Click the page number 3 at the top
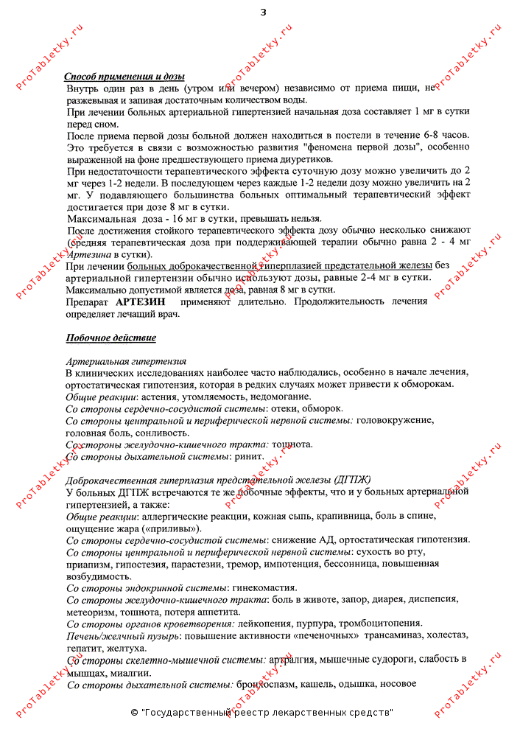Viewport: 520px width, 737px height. (264, 12)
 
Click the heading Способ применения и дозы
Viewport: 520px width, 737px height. (124, 77)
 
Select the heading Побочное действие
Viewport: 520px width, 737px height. (110, 338)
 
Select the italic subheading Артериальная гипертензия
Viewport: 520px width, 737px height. (126, 361)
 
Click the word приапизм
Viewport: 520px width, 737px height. (88, 564)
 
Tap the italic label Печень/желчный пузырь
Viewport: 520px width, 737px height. (122, 635)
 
